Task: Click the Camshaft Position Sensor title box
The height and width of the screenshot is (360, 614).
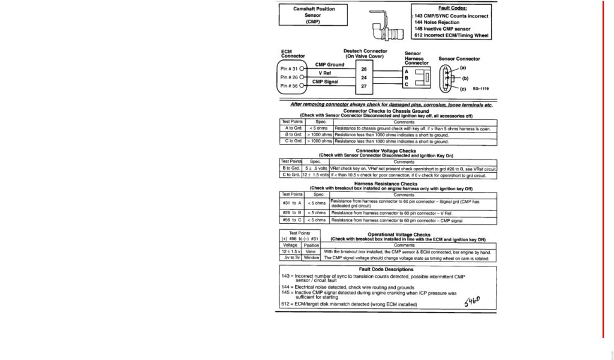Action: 313,15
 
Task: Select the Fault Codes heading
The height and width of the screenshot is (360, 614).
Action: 452,8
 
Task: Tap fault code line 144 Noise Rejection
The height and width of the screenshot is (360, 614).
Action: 437,22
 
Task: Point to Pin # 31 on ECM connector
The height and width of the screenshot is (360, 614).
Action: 290,68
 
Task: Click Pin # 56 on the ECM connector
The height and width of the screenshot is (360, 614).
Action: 290,86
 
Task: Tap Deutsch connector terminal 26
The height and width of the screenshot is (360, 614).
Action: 363,69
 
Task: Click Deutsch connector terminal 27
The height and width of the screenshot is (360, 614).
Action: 363,86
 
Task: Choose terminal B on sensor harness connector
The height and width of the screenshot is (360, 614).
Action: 407,78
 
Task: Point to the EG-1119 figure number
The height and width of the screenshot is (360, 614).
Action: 481,89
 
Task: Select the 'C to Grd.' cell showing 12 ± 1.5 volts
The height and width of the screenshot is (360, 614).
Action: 291,175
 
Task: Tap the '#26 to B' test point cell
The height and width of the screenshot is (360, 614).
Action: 292,212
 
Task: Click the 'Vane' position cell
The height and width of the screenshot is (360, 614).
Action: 311,252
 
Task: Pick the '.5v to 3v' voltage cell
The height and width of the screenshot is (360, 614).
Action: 290,258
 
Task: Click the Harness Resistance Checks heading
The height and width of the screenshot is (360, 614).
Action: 386,184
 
